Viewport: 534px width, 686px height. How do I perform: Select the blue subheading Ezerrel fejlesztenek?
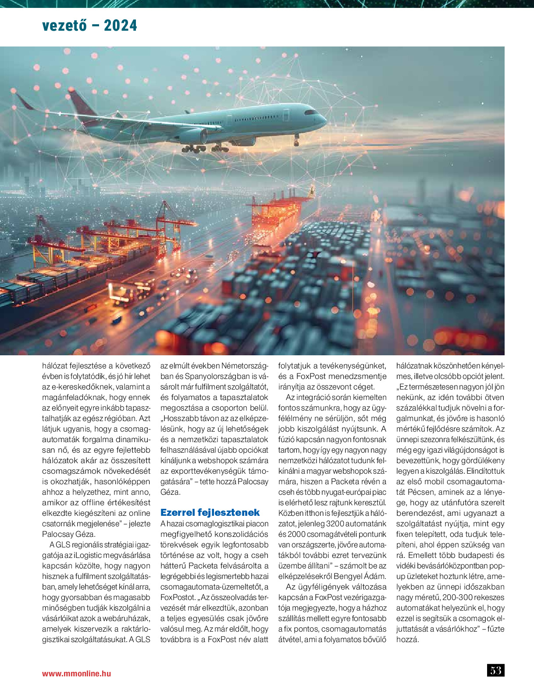[x=210, y=512]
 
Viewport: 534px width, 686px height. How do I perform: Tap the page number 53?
[x=495, y=670]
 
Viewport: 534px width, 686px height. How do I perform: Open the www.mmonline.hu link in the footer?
[x=76, y=673]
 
